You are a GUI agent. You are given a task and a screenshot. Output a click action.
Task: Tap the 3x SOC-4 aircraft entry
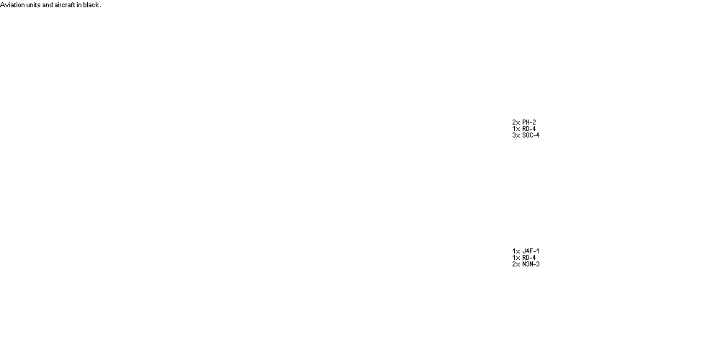tap(526, 135)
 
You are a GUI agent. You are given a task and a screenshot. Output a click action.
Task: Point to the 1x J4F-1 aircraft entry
tap(526, 251)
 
